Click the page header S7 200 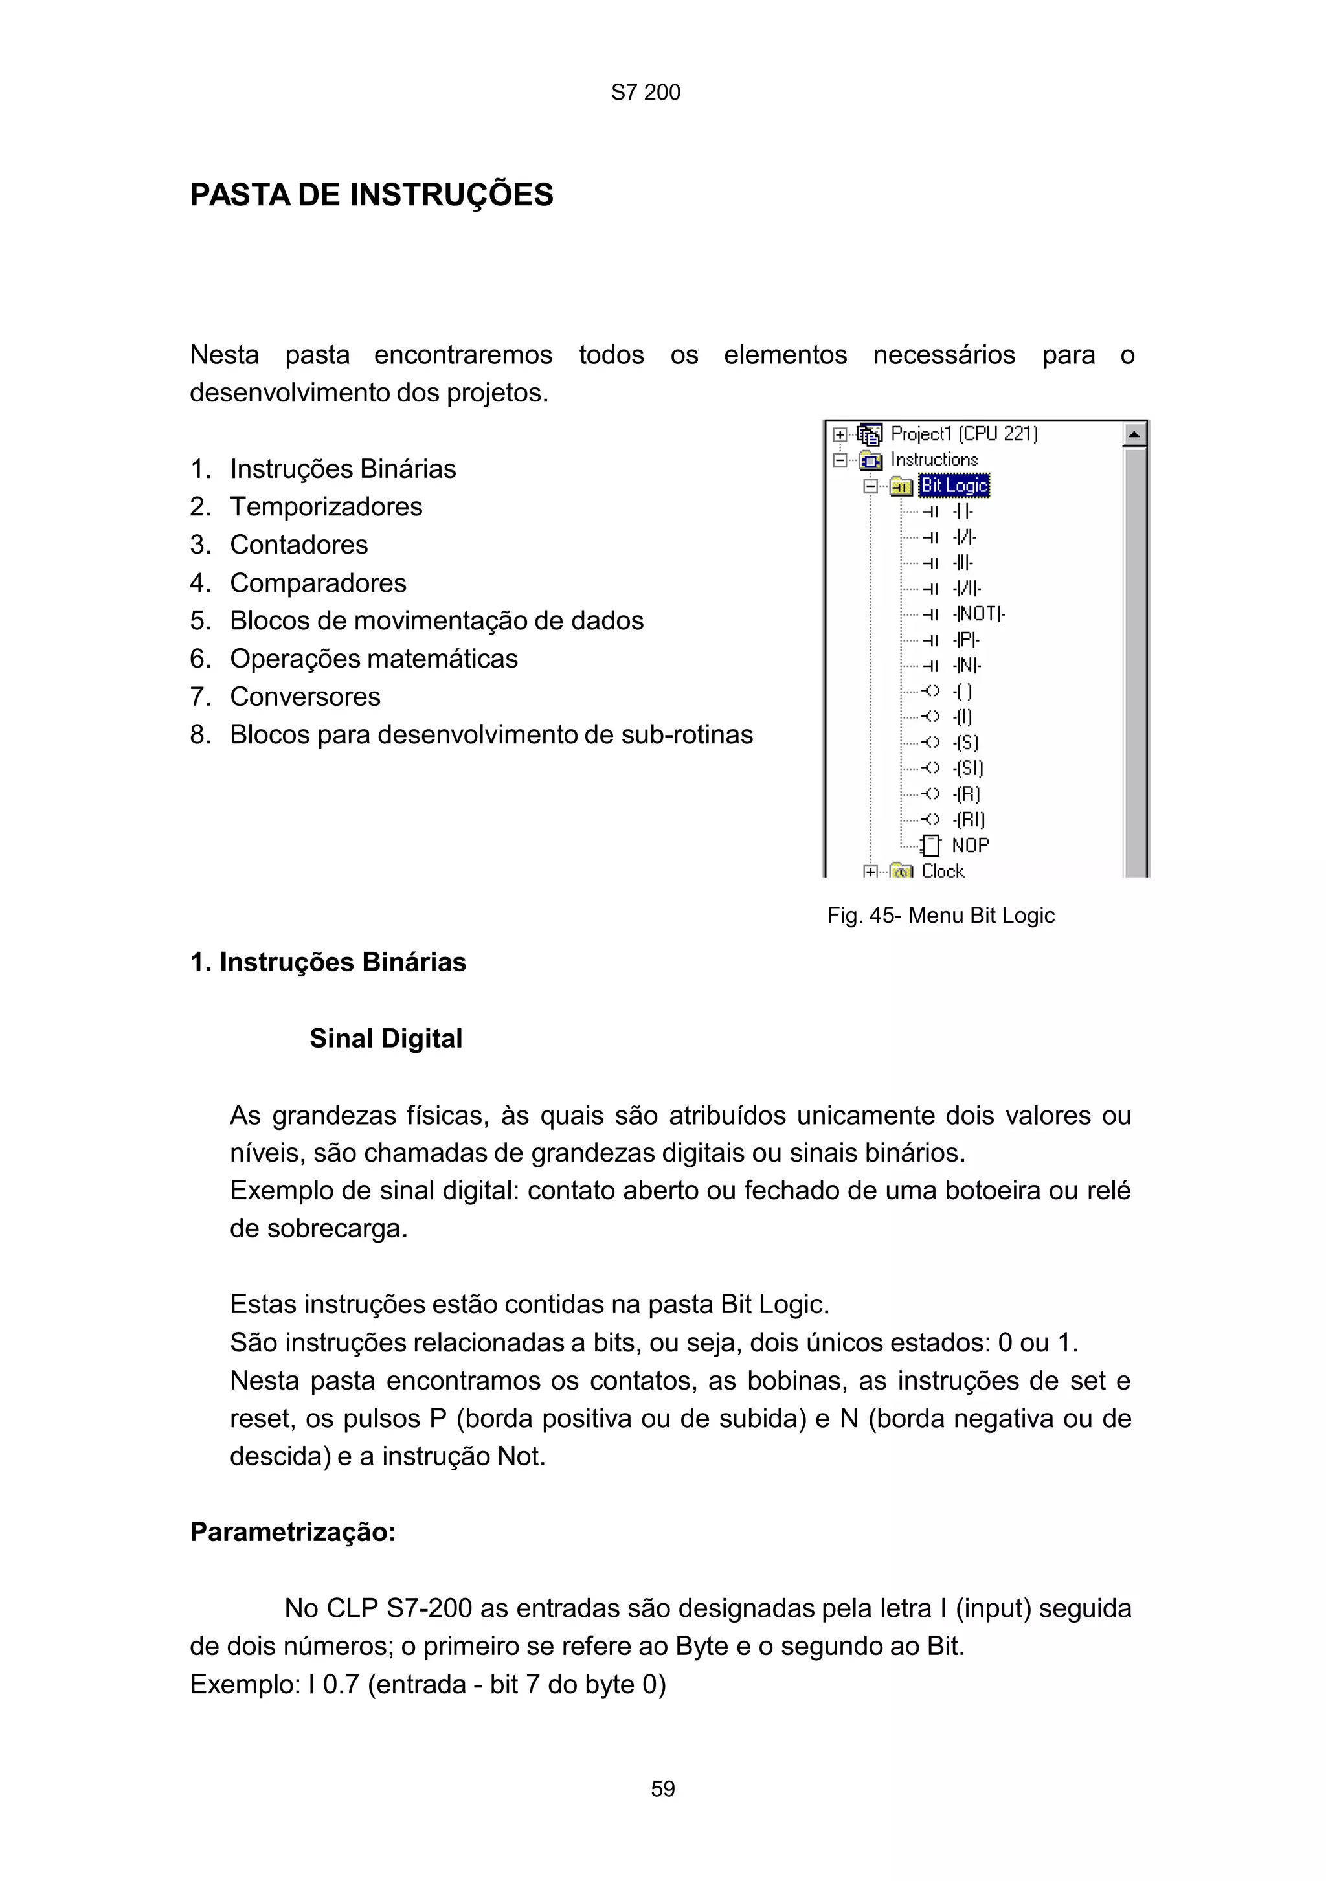[x=646, y=93]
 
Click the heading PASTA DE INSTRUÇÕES [x=371, y=195]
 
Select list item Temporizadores [x=325, y=506]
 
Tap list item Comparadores [x=318, y=583]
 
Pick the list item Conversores [x=305, y=696]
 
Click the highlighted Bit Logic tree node [x=954, y=486]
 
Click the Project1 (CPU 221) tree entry [x=963, y=433]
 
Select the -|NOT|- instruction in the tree [x=979, y=614]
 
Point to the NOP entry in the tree [x=970, y=844]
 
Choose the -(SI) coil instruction [x=968, y=768]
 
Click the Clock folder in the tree [x=942, y=871]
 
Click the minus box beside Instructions [x=840, y=460]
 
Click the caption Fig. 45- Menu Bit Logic [x=940, y=915]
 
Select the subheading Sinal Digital [x=386, y=1038]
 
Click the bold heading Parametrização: [x=293, y=1532]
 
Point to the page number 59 [x=662, y=1788]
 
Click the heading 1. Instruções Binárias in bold [x=328, y=962]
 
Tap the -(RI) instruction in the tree [x=969, y=819]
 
